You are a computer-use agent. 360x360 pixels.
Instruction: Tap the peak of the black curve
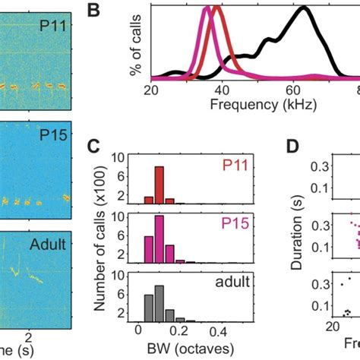pos(304,8)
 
